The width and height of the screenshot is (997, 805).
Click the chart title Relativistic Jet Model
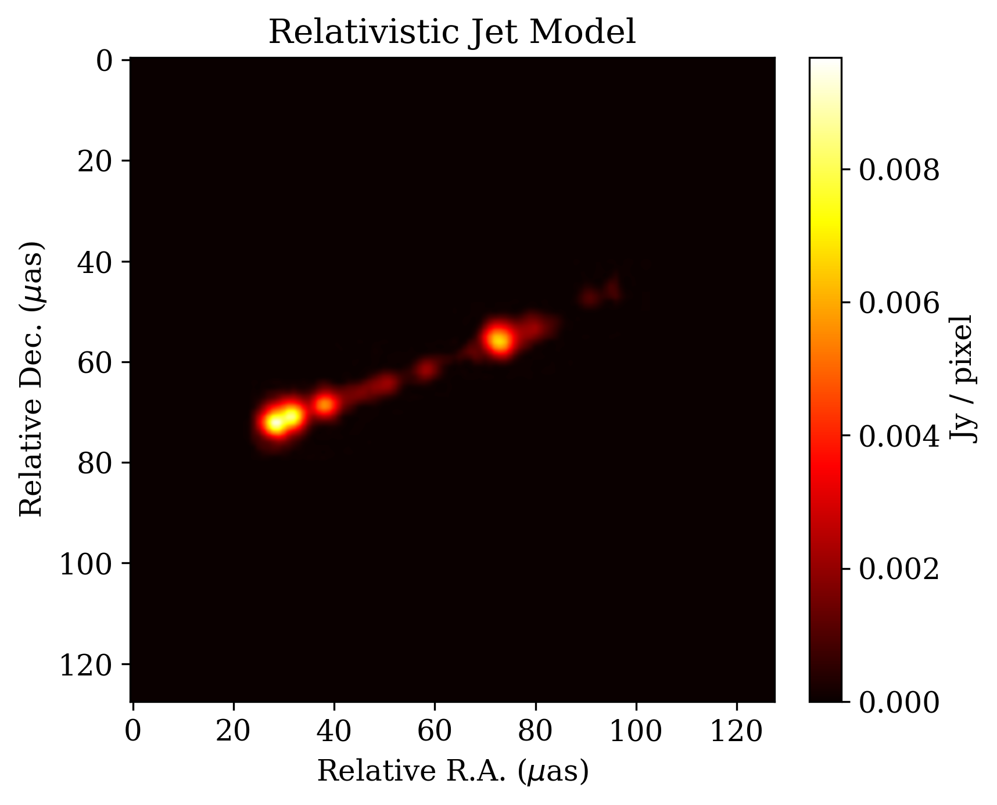point(452,32)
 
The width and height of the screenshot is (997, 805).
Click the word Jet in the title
point(493,32)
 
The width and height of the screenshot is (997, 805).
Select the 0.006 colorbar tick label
point(899,303)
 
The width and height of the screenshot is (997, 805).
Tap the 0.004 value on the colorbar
point(899,436)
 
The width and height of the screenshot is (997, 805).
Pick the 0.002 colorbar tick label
point(899,569)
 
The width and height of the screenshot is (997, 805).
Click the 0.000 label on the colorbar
point(899,702)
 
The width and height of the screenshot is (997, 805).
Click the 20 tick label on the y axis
point(95,161)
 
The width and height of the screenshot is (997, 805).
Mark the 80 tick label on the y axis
point(95,463)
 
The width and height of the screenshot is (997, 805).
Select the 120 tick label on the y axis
point(86,664)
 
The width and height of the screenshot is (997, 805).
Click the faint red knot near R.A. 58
point(426,369)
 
